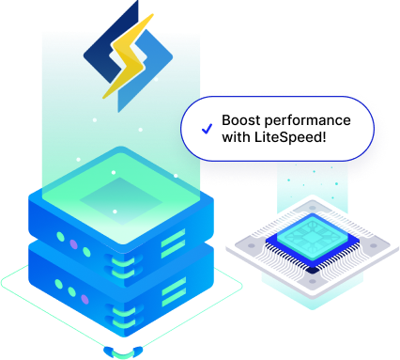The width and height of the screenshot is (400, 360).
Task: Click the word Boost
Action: [x=240, y=121]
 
